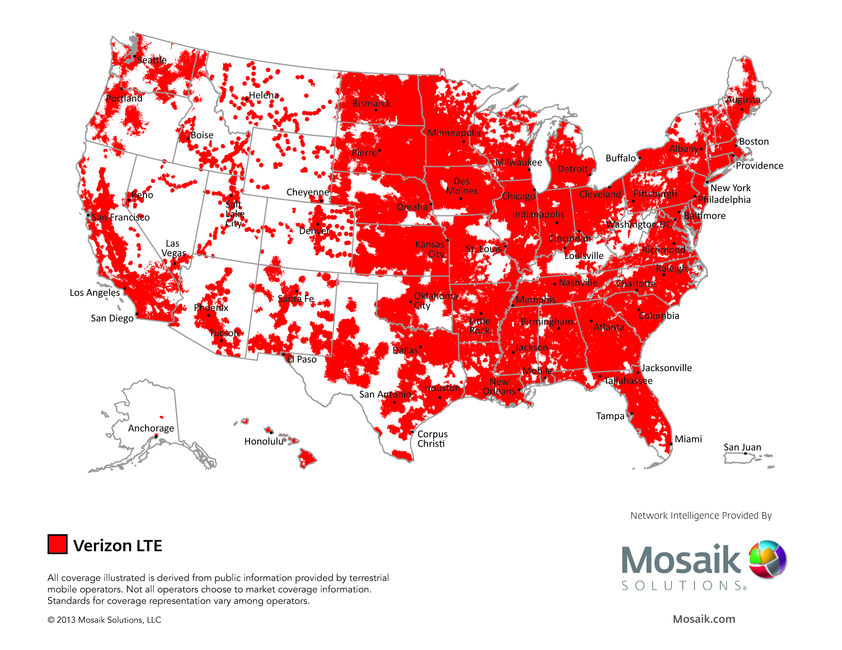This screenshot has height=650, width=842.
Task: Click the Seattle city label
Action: point(152,60)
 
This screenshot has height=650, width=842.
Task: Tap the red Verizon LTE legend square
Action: point(57,544)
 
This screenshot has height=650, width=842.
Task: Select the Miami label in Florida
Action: point(688,439)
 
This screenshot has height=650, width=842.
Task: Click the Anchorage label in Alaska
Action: point(151,428)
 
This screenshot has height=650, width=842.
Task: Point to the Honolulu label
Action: point(263,441)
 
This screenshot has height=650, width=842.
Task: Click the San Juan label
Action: point(742,447)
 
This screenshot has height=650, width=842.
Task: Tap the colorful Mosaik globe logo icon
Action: point(767,559)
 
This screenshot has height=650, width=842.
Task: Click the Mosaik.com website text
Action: point(704,619)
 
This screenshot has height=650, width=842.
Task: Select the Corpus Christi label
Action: point(432,438)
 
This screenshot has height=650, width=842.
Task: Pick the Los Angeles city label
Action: point(94,293)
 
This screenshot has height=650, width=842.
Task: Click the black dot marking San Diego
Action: point(137,314)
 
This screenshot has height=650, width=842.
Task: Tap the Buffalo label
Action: point(620,158)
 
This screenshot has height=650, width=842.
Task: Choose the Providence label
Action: point(759,166)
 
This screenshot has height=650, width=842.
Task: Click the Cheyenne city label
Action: point(307,192)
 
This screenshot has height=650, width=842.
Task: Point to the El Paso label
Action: point(302,359)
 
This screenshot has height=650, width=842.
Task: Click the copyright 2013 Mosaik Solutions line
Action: point(104,620)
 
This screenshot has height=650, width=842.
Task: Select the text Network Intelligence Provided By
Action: point(701,515)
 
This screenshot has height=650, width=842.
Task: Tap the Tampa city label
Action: point(610,416)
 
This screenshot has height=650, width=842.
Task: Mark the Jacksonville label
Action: point(666,368)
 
